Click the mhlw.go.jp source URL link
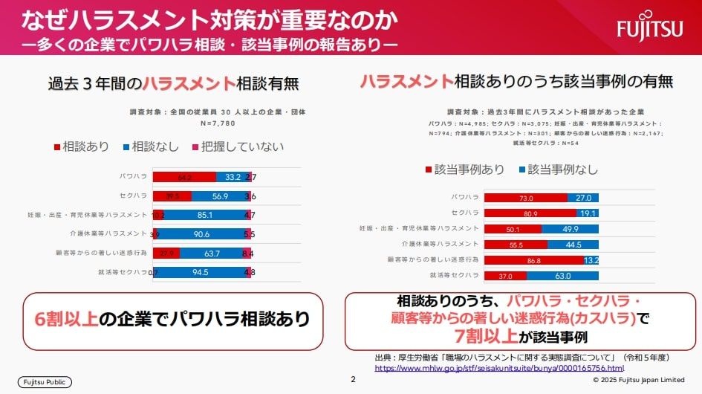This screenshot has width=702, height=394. (499, 368)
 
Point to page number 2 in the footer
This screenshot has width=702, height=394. (354, 380)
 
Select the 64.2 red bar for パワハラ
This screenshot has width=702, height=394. (184, 177)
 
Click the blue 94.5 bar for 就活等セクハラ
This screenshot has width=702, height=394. (200, 272)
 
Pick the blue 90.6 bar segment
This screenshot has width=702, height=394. (201, 234)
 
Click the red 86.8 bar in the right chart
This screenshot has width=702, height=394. (534, 260)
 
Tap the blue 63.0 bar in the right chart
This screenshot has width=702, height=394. (562, 276)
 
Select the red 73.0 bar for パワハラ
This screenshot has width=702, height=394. (526, 198)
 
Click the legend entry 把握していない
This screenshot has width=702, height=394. (238, 146)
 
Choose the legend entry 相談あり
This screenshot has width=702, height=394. (82, 146)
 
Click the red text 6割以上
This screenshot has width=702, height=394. (66, 319)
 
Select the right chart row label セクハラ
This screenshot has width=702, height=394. (465, 213)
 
